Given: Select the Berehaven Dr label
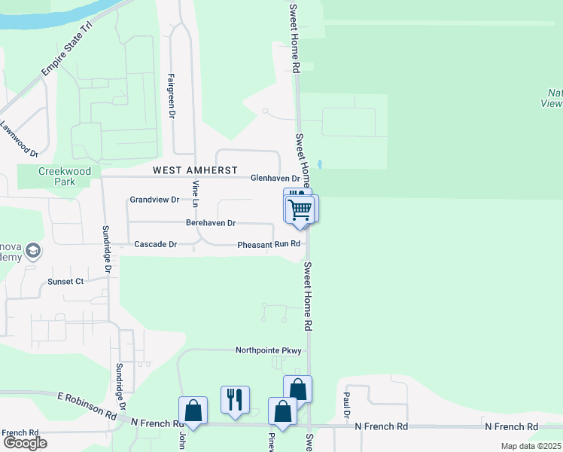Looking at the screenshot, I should tap(211, 223).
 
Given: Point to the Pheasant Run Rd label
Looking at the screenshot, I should tap(269, 244).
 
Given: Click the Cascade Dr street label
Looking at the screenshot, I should tap(155, 244).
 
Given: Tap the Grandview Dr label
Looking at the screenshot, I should tap(154, 200).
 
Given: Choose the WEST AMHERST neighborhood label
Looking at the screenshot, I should tap(195, 170).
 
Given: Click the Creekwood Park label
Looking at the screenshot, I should tap(65, 176).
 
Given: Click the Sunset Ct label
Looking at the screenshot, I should tap(65, 281).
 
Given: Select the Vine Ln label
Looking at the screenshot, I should tap(194, 194).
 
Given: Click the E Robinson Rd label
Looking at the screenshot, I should tap(89, 406).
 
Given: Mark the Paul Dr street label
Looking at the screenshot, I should tap(347, 404).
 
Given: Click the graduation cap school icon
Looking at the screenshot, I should tap(32, 249).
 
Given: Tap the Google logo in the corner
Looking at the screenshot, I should tap(24, 443).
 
